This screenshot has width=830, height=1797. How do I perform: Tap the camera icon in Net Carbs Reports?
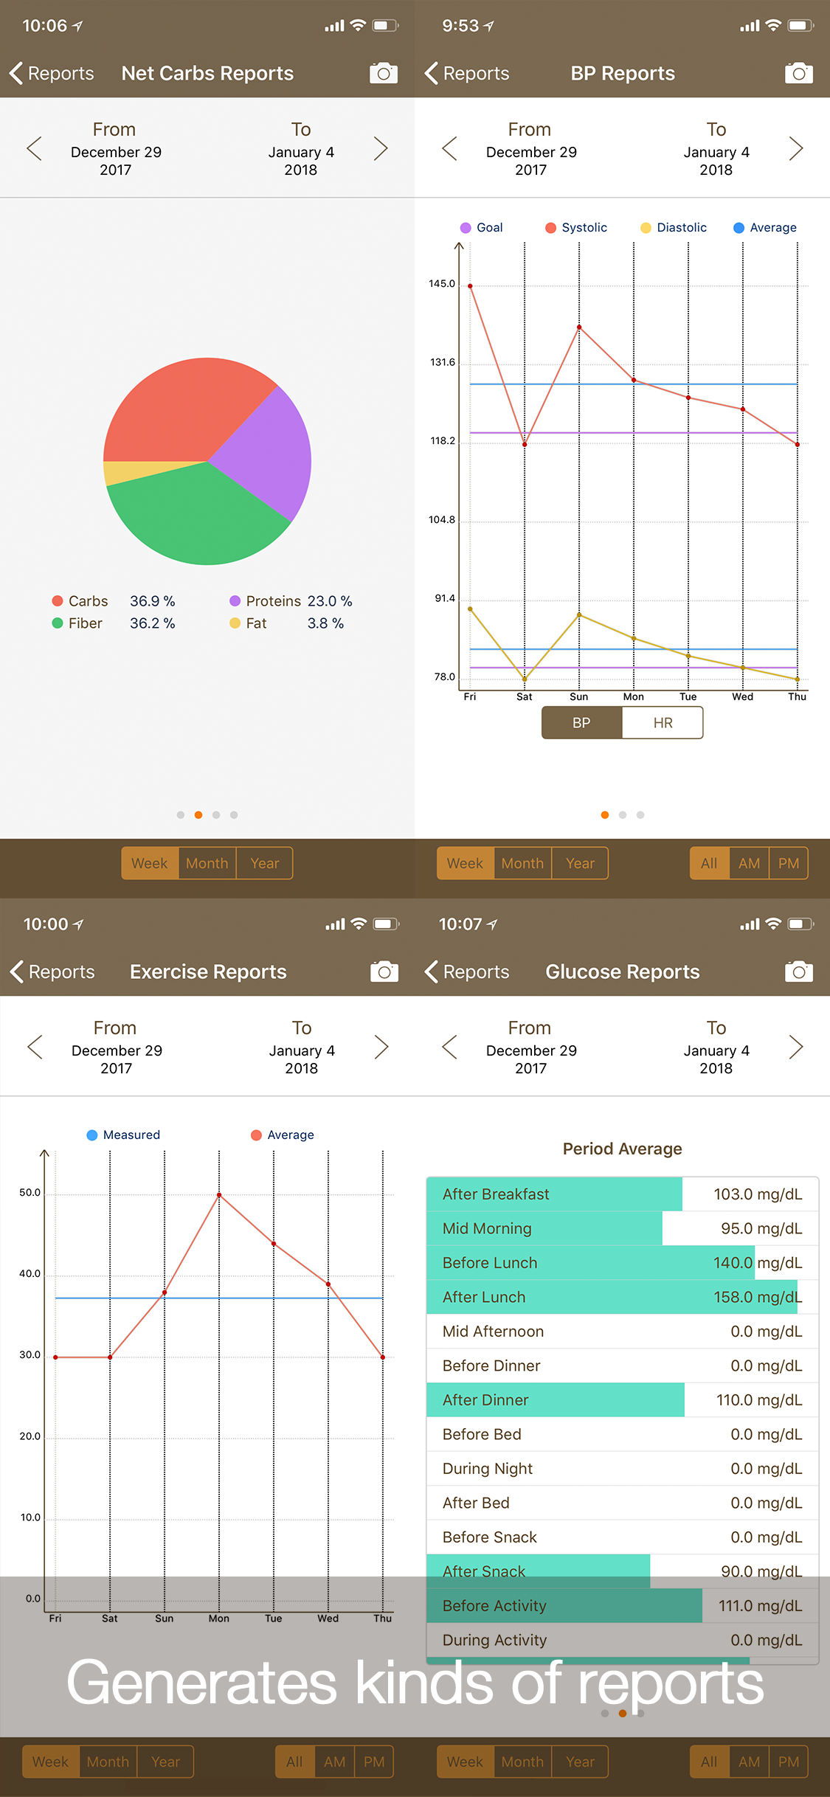384,73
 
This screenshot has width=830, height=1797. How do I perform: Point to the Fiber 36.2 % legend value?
153,623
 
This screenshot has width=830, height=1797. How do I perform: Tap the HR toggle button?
663,723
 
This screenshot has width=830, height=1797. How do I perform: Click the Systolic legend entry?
576,227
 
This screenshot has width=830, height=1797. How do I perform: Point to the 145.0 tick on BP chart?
442,284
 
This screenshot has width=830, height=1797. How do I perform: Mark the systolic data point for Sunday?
579,327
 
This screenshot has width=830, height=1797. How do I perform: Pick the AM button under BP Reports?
749,863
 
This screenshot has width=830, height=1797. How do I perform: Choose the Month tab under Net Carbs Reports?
207,863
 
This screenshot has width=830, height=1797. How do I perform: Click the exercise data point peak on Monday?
219,1194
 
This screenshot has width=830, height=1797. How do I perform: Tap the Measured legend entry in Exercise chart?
123,1135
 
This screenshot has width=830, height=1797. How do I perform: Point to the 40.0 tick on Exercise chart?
30,1274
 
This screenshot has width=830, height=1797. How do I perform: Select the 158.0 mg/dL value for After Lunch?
758,1297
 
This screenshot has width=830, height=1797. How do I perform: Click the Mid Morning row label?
487,1228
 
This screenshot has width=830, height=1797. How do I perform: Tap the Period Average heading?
623,1149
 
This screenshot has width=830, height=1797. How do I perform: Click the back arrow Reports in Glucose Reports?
467,972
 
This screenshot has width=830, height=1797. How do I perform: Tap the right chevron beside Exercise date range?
381,1047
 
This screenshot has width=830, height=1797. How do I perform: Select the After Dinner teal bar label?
485,1400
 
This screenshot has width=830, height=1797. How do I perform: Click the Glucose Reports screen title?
623,972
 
